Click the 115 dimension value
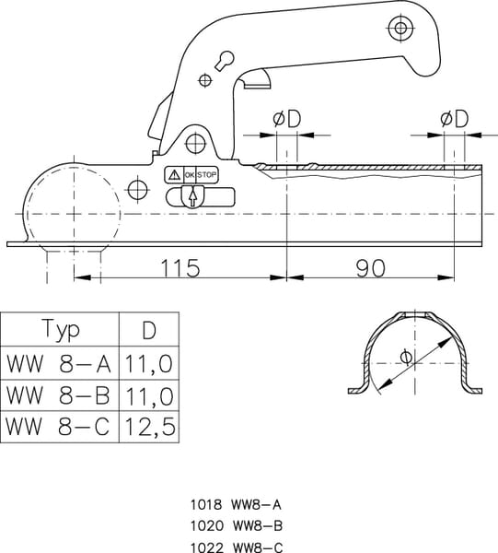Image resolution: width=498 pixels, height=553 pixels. click(x=180, y=267)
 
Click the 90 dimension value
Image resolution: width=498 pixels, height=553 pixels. click(x=370, y=268)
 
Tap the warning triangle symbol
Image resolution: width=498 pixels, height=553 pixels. click(x=174, y=174)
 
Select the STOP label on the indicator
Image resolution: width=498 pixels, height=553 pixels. click(x=206, y=174)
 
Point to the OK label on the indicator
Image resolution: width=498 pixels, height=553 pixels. click(x=190, y=175)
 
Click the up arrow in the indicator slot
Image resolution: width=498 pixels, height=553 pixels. click(x=192, y=198)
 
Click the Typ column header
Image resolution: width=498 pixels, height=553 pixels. click(x=61, y=329)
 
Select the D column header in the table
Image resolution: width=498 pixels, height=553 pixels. click(x=149, y=330)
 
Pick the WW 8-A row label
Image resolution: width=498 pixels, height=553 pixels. click(x=59, y=363)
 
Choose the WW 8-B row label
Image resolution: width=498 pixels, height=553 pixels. click(x=58, y=395)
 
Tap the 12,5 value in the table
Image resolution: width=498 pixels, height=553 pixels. click(x=150, y=426)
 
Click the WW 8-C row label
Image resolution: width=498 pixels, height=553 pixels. click(x=57, y=426)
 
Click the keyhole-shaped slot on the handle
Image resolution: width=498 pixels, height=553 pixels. click(x=225, y=61)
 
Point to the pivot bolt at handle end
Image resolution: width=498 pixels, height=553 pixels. click(x=400, y=28)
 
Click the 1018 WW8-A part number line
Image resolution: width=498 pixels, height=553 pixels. click(x=236, y=505)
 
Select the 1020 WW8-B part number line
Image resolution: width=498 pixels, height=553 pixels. click(x=237, y=526)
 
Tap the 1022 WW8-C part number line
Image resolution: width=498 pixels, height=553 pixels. click(x=237, y=547)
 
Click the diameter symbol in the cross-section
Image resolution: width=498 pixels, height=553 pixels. click(x=406, y=357)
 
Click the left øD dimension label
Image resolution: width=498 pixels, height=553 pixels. click(x=287, y=119)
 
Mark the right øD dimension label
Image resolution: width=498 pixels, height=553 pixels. click(x=455, y=119)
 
